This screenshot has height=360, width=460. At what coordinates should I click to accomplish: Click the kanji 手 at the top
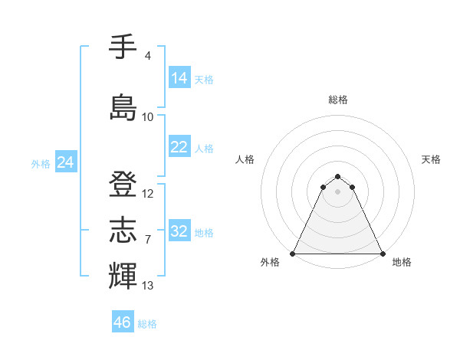point(123,47)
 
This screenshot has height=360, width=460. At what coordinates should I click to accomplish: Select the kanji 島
point(123,107)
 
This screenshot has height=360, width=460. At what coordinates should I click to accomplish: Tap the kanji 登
point(123,185)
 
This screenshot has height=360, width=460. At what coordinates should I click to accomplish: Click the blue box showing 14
point(179,78)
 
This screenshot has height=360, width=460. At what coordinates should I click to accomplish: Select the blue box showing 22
point(179,147)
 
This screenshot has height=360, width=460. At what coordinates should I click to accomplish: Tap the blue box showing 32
point(179,231)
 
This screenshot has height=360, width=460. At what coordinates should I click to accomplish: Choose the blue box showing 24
point(65,162)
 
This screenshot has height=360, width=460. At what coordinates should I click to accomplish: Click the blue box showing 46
point(122,322)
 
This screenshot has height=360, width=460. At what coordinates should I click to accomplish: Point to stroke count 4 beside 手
point(147,56)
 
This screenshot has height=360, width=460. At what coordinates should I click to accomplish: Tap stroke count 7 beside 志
point(147,240)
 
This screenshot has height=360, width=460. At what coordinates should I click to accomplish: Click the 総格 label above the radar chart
point(337,100)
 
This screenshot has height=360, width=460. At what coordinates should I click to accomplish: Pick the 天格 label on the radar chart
point(432,159)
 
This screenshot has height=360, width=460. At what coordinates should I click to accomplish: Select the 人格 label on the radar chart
point(245,159)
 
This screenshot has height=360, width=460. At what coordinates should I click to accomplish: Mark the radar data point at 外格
point(293,253)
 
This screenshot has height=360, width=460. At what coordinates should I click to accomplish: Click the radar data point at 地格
point(383,253)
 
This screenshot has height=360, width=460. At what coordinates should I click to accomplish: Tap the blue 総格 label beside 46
point(147,324)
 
